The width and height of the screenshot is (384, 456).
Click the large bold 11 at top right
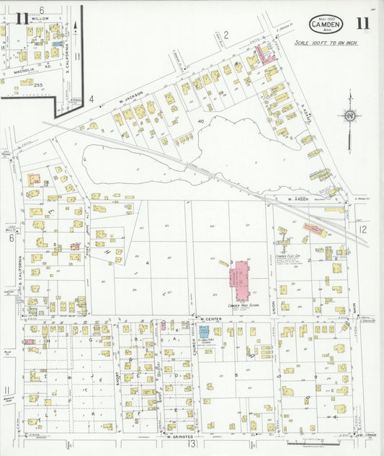click(362, 22)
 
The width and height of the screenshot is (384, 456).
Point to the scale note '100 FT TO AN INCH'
click(326, 43)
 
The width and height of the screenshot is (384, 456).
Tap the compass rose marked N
click(349, 115)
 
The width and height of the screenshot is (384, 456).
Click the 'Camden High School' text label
click(243, 306)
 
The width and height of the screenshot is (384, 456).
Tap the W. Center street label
click(210, 318)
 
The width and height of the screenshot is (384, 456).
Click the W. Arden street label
click(298, 198)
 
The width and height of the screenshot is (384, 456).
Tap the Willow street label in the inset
click(30, 18)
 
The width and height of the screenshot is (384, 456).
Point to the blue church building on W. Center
click(204, 330)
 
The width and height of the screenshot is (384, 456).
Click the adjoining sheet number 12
click(363, 229)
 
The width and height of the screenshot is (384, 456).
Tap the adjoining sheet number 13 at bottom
click(192, 444)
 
